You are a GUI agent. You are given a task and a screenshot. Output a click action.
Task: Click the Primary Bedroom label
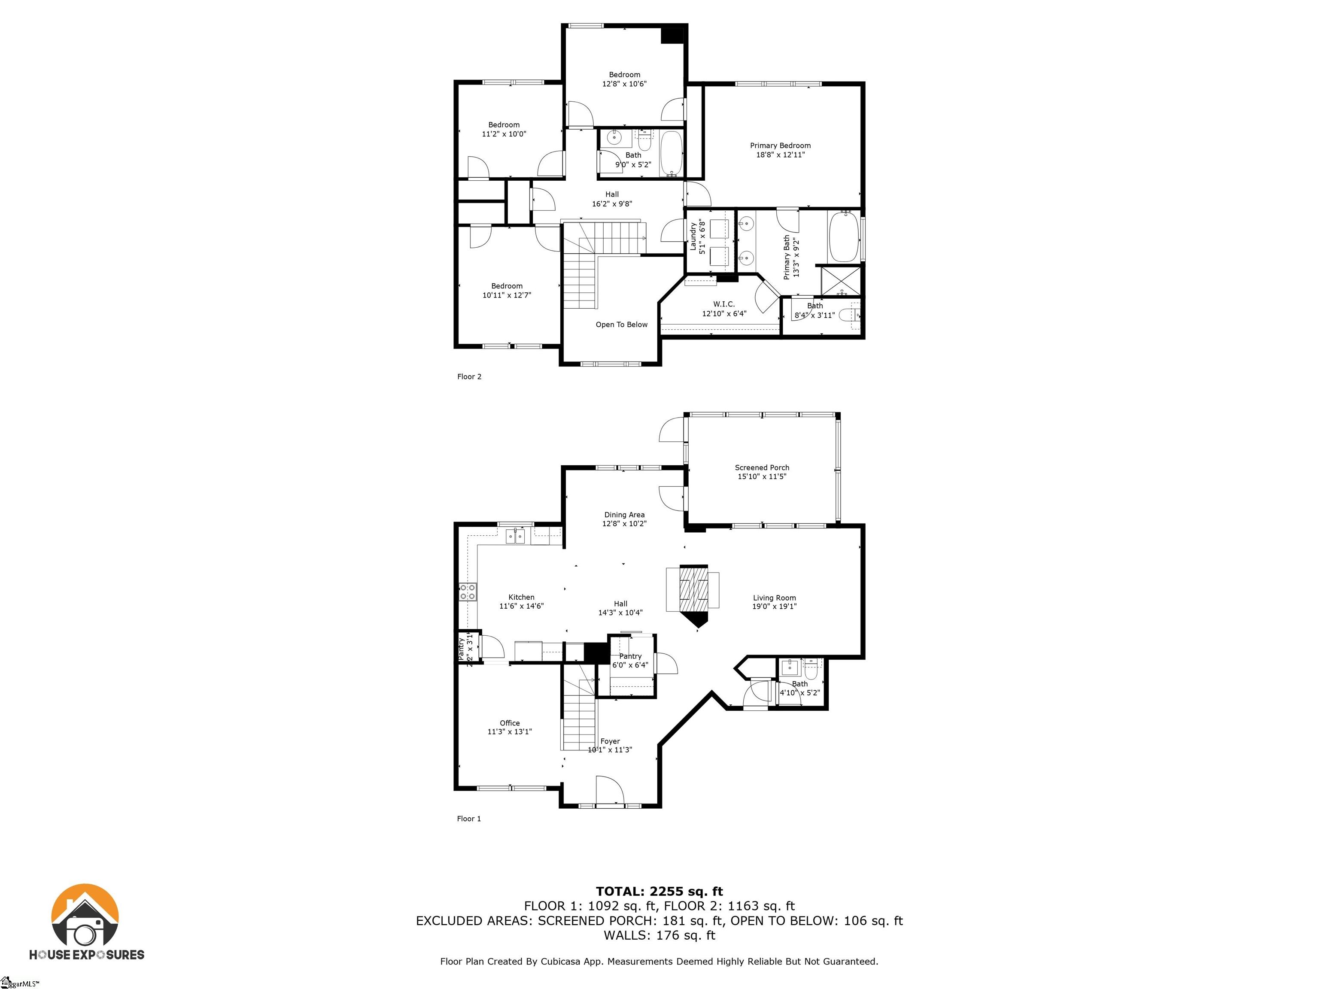[x=780, y=146]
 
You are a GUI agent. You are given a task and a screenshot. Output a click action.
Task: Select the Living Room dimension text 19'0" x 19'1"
[x=774, y=606]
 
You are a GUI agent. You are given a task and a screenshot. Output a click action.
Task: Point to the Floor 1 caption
[x=469, y=819]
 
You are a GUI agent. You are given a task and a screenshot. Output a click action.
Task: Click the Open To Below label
[x=621, y=325]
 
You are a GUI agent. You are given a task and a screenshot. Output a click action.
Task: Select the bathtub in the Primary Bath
[x=843, y=237]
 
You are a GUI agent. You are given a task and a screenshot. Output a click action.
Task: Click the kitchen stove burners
[x=468, y=592]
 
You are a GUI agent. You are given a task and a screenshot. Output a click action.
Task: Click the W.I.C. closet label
[x=724, y=304]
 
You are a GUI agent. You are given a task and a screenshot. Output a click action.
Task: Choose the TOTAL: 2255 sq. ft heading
[x=659, y=891]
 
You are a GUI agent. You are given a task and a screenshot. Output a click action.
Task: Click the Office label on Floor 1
[x=510, y=722]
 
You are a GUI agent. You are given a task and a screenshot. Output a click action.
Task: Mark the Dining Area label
[x=624, y=515]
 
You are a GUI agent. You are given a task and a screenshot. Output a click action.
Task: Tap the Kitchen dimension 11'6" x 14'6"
[x=521, y=606]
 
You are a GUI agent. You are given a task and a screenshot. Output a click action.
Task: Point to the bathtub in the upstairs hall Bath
[x=672, y=153]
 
